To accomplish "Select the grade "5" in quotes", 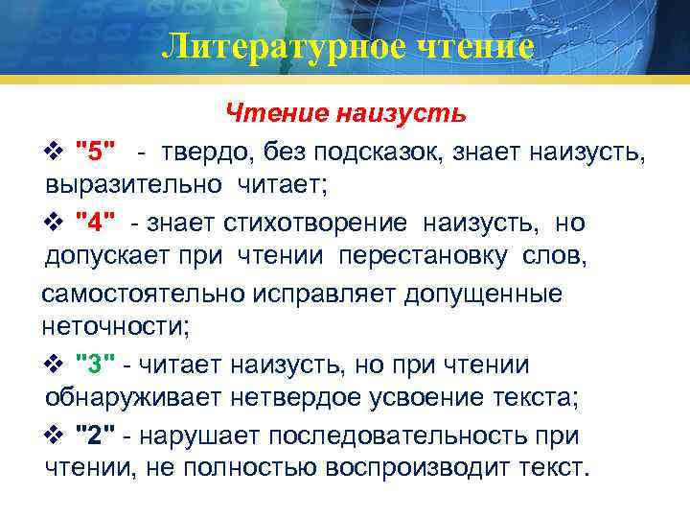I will pos(96,151).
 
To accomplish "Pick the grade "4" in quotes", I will pos(96,223).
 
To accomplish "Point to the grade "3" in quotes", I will pos(95,365).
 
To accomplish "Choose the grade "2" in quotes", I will pos(95,436).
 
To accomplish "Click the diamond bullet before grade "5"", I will pos(54,151).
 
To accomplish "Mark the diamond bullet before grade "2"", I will pos(54,436).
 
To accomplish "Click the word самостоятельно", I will pos(144,294).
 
